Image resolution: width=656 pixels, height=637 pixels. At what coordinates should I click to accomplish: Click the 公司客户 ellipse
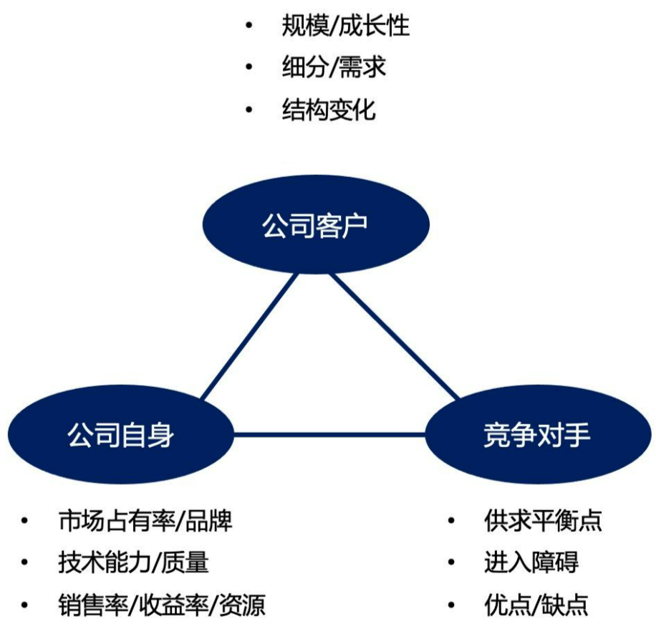tap(314, 226)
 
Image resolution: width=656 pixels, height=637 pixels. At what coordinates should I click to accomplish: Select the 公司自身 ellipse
tap(120, 434)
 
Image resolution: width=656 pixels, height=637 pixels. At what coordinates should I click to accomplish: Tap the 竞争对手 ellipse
tap(537, 434)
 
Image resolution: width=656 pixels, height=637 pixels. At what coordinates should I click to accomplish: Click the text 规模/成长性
tap(346, 27)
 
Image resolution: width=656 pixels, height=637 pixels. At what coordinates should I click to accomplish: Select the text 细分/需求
tap(334, 67)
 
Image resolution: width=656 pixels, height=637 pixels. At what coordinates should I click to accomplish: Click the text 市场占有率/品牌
tap(145, 521)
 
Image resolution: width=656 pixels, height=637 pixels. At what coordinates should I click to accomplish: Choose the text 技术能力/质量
tap(133, 562)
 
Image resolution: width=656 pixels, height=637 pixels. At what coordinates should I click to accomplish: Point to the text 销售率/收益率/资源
tap(162, 605)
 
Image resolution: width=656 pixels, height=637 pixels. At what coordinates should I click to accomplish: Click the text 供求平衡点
tap(543, 521)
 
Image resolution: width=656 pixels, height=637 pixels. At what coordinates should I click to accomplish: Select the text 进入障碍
tap(531, 562)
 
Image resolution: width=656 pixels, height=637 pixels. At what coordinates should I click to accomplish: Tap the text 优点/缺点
tap(536, 605)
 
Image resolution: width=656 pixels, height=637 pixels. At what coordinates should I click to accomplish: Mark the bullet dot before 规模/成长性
tap(249, 27)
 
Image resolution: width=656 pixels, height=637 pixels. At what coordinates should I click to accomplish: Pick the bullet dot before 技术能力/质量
tap(25, 562)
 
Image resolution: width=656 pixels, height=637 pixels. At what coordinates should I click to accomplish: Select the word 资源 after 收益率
tap(241, 605)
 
